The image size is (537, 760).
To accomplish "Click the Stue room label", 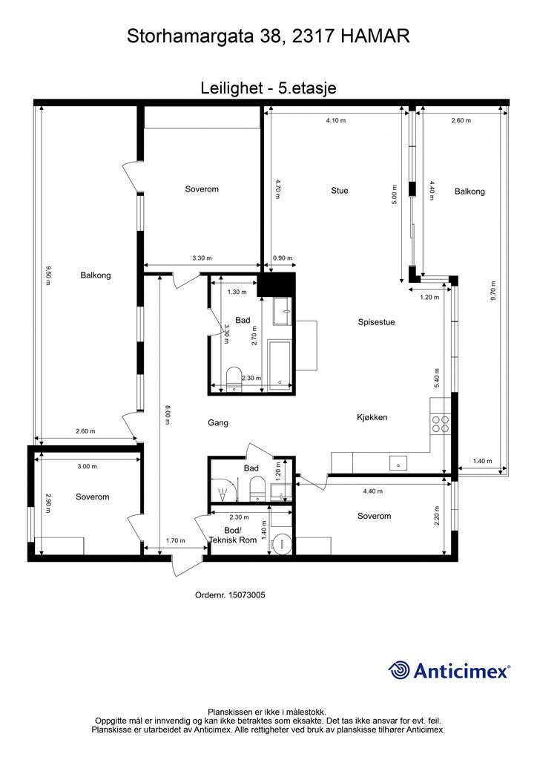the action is click(x=340, y=191).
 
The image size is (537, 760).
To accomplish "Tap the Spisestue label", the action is click(x=376, y=322).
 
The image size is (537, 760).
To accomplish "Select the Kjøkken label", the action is click(x=372, y=417).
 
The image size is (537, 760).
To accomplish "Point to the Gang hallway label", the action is click(x=218, y=422).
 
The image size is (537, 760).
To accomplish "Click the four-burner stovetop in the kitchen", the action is click(x=440, y=424).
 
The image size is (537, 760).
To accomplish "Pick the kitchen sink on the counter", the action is click(x=398, y=463).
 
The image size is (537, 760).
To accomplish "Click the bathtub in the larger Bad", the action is click(x=279, y=362).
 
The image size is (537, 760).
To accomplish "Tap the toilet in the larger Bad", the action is click(x=234, y=377).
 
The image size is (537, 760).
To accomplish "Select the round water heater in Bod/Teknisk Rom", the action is click(x=281, y=543).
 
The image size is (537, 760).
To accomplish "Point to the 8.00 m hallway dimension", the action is click(x=167, y=414).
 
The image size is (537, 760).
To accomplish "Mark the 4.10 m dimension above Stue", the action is click(x=336, y=120).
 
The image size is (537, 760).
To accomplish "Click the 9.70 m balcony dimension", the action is click(x=493, y=291).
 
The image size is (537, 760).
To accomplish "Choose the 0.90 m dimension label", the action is click(x=283, y=258).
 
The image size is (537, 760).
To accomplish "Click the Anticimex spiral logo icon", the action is click(x=398, y=670).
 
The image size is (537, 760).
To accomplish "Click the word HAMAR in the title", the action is click(x=375, y=36).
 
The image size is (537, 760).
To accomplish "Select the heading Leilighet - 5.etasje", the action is click(x=268, y=88).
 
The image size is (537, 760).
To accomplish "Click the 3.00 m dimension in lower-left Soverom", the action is click(x=88, y=466).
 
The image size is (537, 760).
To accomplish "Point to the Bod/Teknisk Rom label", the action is click(x=232, y=535).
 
